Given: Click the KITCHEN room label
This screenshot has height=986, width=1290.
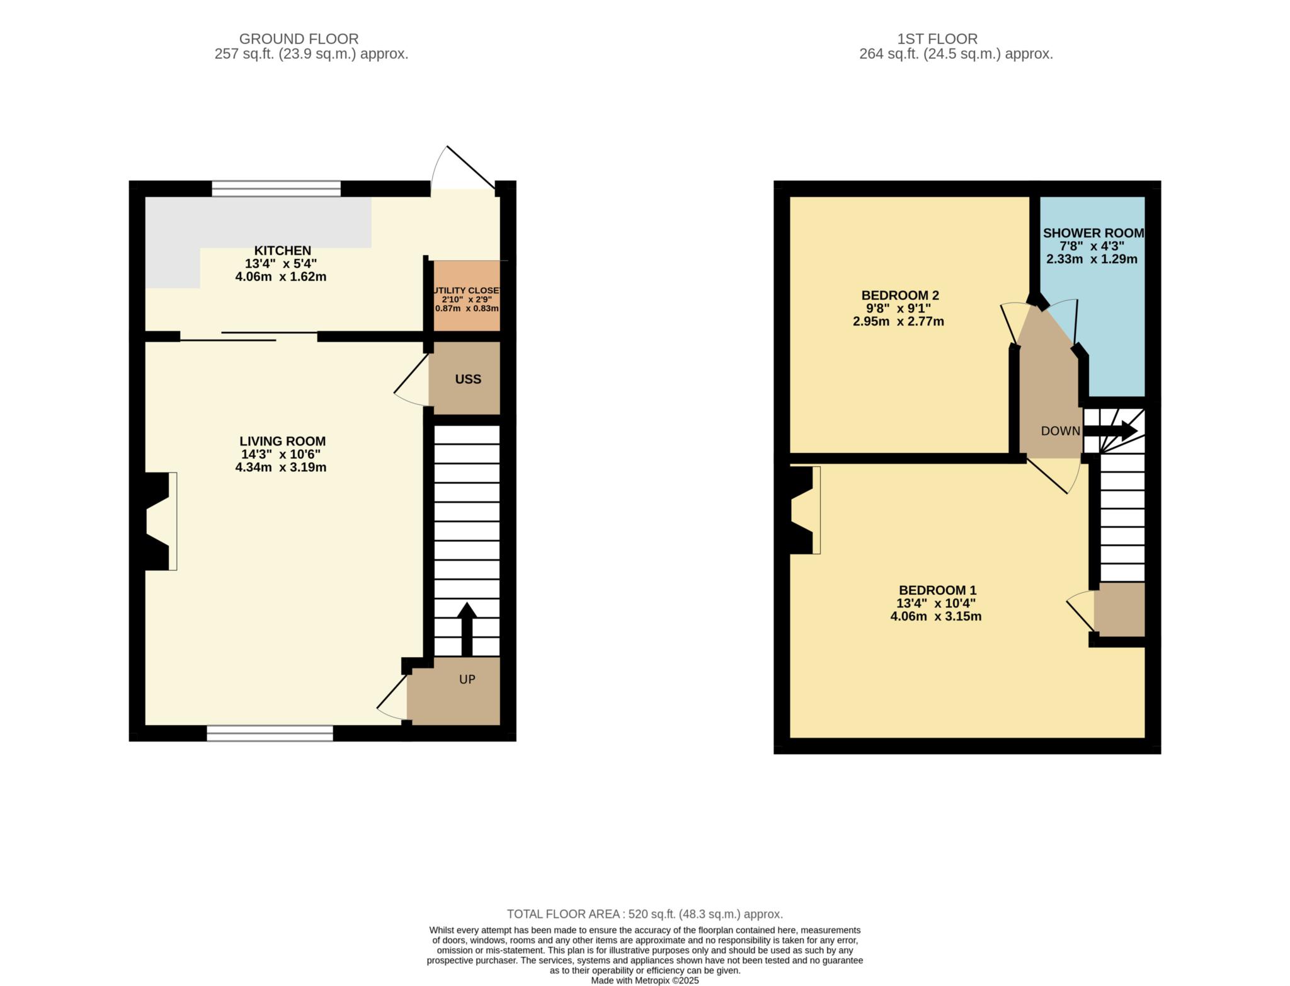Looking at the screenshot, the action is pyautogui.click(x=282, y=251).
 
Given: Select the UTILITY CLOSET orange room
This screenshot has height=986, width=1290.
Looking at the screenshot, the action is pyautogui.click(x=466, y=295).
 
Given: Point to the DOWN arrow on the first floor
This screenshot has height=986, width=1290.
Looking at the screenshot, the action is pyautogui.click(x=1110, y=431).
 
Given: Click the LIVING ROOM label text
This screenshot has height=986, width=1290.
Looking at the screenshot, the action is pyautogui.click(x=282, y=442).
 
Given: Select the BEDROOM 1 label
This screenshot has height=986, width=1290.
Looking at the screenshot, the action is pyautogui.click(x=937, y=590).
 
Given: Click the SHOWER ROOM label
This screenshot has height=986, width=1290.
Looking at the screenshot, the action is pyautogui.click(x=1093, y=233).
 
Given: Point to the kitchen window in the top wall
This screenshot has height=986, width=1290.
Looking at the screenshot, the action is pyautogui.click(x=276, y=188).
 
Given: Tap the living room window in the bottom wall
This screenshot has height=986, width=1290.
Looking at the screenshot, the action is pyautogui.click(x=270, y=733).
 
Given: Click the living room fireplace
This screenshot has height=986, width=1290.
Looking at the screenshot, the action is pyautogui.click(x=158, y=521).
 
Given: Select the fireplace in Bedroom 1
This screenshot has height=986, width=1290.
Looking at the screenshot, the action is pyautogui.click(x=804, y=510).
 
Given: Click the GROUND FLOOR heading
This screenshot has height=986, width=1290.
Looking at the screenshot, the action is pyautogui.click(x=299, y=39).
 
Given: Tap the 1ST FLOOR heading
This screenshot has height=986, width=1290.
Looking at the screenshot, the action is pyautogui.click(x=937, y=39).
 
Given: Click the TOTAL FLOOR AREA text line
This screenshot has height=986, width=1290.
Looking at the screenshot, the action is pyautogui.click(x=645, y=914).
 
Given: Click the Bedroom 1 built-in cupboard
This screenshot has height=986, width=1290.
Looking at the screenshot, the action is pyautogui.click(x=1119, y=609).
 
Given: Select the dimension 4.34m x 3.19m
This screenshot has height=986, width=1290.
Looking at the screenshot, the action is pyautogui.click(x=281, y=467).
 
